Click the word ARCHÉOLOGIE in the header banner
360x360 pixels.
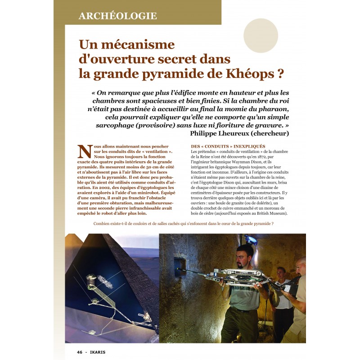pos(117,16)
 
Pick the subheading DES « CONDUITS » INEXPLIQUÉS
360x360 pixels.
pos(228,147)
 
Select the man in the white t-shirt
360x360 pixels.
pos(282,295)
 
